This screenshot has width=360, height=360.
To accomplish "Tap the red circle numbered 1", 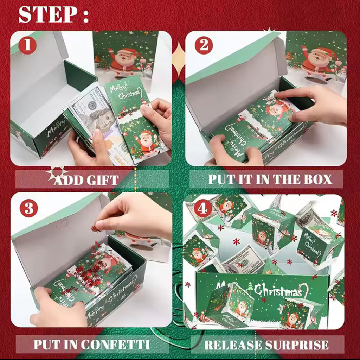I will (x=27, y=46).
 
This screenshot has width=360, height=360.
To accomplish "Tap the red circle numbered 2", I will (x=204, y=46).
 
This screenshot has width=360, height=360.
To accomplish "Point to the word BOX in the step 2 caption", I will (x=316, y=179).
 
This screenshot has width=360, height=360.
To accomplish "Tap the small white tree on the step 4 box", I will (x=250, y=287).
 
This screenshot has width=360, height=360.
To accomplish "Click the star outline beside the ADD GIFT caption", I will (x=56, y=173).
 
